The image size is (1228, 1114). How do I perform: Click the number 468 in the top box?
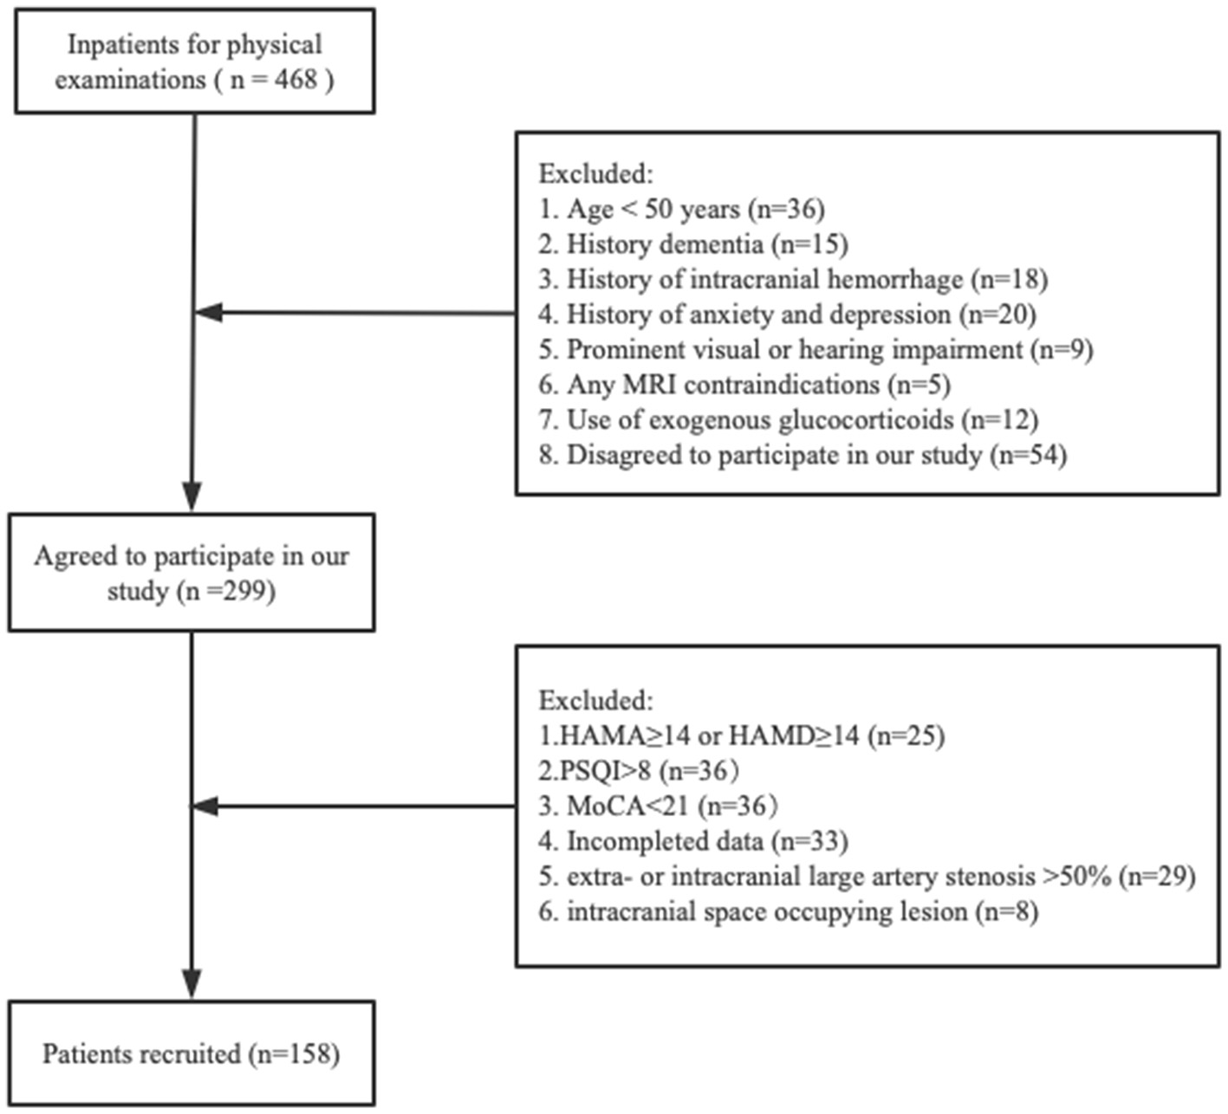click(296, 80)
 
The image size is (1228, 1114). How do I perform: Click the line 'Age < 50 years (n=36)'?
click(681, 209)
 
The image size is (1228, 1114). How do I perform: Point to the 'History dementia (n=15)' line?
click(692, 244)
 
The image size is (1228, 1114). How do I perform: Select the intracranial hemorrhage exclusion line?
click(792, 279)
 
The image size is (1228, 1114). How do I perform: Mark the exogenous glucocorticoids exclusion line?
click(788, 420)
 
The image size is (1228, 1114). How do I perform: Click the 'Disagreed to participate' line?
click(802, 455)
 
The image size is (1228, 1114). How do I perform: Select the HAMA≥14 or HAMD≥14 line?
click(741, 735)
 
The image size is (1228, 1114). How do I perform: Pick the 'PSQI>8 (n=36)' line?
click(639, 770)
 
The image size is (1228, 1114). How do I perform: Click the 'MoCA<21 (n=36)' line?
click(658, 806)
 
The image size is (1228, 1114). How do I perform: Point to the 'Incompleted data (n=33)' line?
click(692, 841)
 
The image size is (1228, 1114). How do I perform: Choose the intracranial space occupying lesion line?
click(788, 911)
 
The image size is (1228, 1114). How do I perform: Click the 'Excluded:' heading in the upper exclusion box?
click(595, 173)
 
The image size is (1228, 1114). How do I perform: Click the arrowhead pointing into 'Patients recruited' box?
click(192, 984)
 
